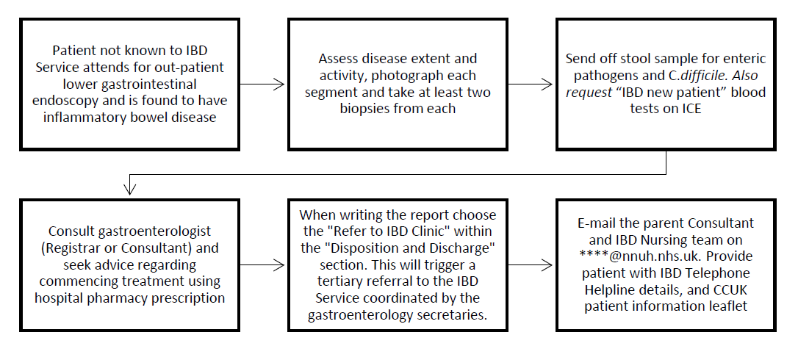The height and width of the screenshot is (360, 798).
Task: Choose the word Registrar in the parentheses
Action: coord(68,248)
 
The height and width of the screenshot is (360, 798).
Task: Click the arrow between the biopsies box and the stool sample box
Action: coord(531,84)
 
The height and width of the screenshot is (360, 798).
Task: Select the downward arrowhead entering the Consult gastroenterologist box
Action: coord(130,190)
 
